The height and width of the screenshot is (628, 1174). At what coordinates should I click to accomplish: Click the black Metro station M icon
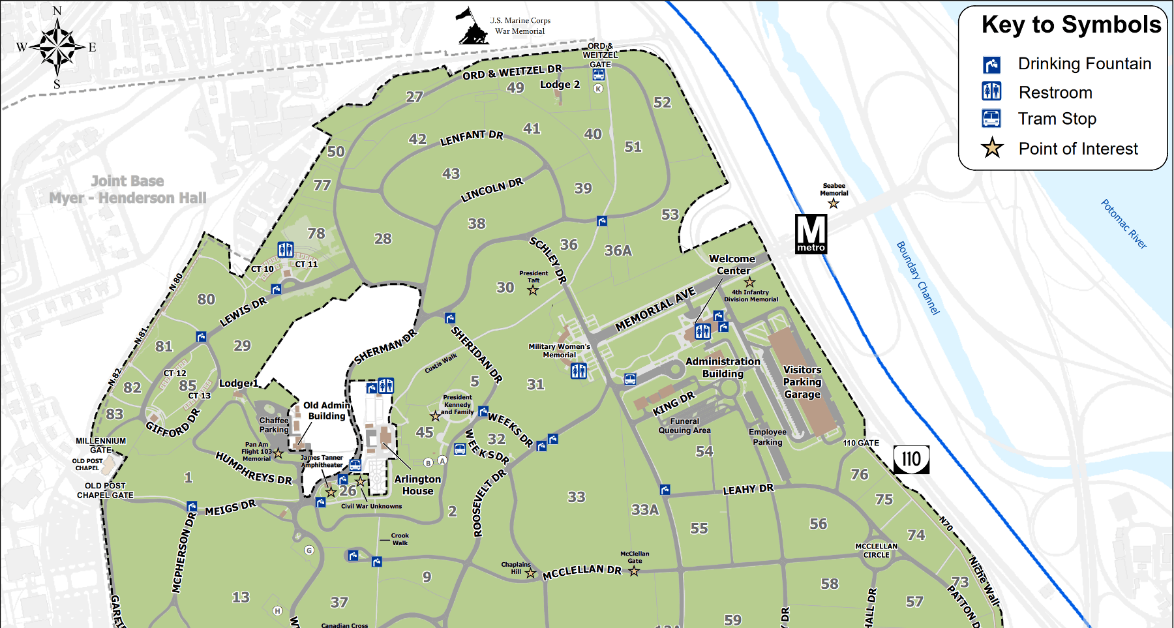click(811, 233)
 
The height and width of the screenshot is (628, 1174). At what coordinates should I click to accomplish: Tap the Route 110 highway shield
click(911, 460)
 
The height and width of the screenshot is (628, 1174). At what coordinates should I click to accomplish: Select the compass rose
click(57, 47)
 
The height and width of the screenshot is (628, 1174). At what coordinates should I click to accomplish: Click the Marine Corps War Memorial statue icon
click(472, 27)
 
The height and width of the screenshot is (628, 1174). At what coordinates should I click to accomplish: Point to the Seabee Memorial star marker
click(834, 203)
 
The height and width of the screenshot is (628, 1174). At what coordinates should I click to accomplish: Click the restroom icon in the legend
click(991, 91)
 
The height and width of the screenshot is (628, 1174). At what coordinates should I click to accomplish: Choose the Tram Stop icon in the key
click(991, 118)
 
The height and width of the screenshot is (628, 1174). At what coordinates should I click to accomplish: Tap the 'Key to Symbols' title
click(1071, 25)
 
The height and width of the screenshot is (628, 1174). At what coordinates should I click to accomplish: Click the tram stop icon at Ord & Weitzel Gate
click(598, 75)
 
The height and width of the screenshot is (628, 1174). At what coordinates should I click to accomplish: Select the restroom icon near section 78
click(285, 249)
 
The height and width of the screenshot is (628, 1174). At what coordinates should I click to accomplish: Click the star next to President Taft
click(533, 290)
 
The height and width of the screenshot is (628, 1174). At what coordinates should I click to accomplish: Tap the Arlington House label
click(417, 485)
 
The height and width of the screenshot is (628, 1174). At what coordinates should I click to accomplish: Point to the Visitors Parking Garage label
click(802, 381)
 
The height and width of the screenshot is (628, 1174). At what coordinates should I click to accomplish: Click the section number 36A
click(618, 250)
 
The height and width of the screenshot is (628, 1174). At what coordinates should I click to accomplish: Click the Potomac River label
click(1123, 224)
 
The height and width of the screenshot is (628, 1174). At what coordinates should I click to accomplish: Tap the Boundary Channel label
click(917, 278)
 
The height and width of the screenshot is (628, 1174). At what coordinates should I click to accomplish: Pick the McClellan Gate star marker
click(634, 571)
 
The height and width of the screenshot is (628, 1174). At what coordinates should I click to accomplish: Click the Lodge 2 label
click(560, 85)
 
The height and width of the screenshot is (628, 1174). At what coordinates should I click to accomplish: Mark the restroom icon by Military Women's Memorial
click(579, 371)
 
